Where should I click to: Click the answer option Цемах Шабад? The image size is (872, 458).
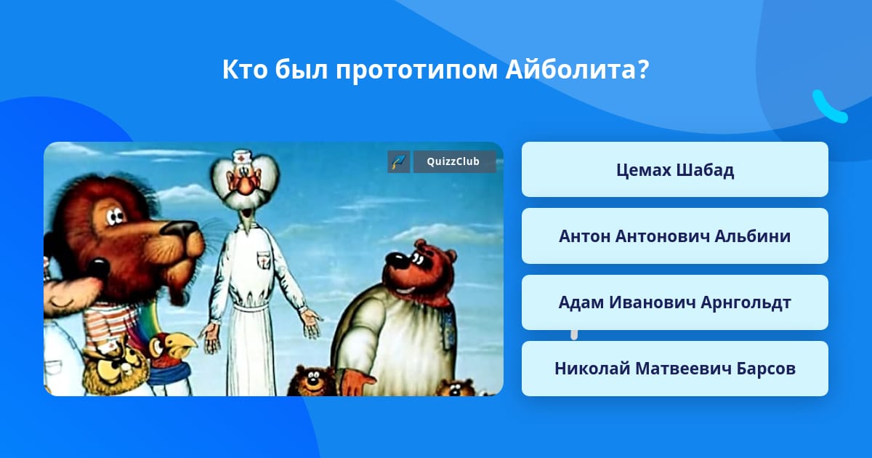coord(674,169)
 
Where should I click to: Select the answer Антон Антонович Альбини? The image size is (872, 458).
coord(674,236)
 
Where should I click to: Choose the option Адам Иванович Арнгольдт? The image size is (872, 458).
coord(674,302)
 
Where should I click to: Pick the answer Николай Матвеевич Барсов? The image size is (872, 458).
coord(674,369)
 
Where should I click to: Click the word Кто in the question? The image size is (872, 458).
coord(245,69)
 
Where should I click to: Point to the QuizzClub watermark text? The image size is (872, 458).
coord(453,161)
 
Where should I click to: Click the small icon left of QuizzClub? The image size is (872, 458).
coord(399,161)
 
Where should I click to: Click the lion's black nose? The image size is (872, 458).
coord(180,229)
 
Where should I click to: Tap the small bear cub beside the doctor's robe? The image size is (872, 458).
coord(312,379)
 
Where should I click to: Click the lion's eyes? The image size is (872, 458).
coord(115,217)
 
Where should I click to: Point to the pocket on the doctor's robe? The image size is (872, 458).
coord(264,260)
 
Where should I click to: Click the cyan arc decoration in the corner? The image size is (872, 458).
coord(829,108)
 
